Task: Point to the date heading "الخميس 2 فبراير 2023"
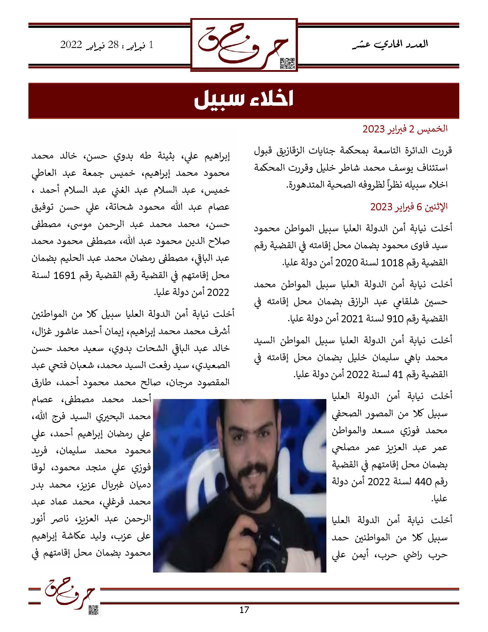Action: pyautogui.click(x=405, y=129)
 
